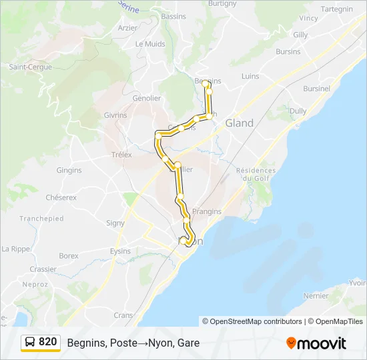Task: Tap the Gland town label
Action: pos(240,123)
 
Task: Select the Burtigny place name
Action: pos(222,3)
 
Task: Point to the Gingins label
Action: pos(69,171)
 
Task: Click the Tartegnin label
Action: pos(337,9)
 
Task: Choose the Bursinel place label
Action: pos(316,88)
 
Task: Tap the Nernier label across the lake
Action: pos(316,295)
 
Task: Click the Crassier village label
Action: pos(43,269)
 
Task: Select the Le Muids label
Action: pos(149,44)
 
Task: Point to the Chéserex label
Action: pos(61,198)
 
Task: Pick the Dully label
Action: pos(298,111)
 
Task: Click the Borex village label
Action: pos(69,256)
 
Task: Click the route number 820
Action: pos(48,342)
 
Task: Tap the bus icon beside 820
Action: pos(31,343)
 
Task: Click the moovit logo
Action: pos(316,343)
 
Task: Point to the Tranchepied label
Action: pos(41,219)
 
